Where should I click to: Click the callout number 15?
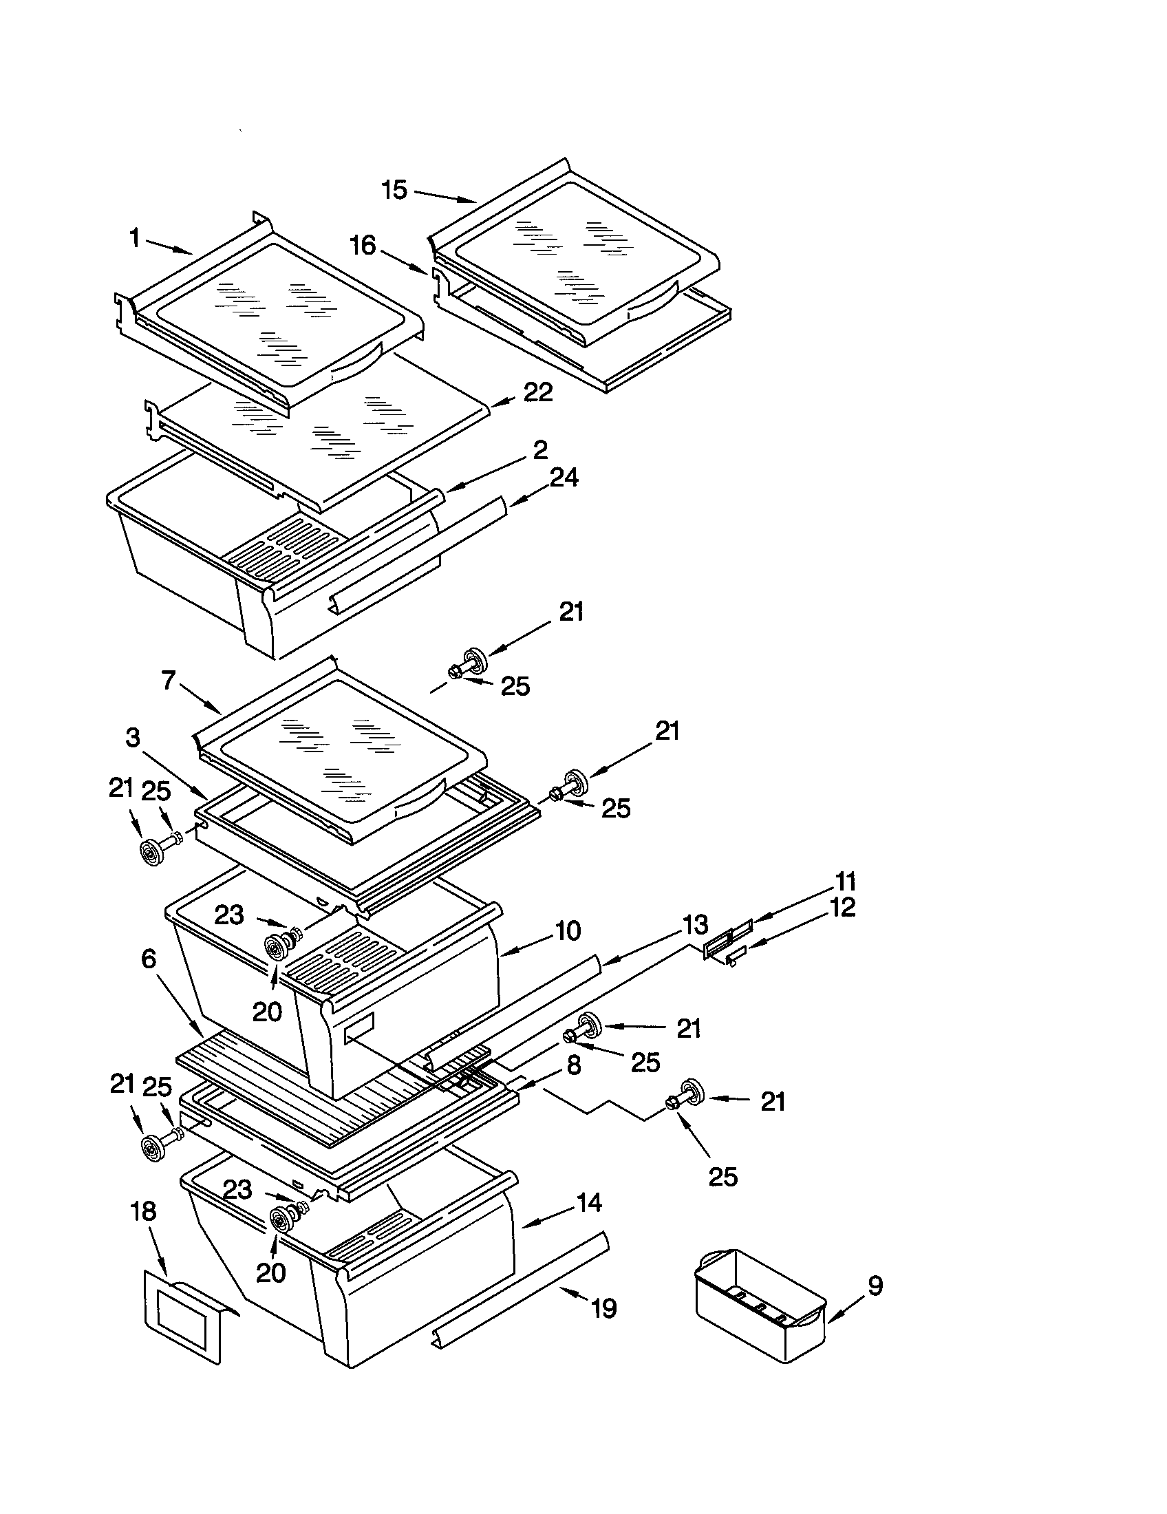click(x=394, y=190)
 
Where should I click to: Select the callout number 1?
click(x=135, y=239)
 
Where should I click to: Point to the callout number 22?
click(x=538, y=393)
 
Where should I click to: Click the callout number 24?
click(x=564, y=478)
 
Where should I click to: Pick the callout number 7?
click(x=169, y=680)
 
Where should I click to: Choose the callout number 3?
click(x=132, y=738)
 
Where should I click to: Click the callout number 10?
click(x=568, y=931)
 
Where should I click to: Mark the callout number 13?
click(x=695, y=924)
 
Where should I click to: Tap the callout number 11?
click(x=846, y=882)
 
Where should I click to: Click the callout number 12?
click(x=842, y=908)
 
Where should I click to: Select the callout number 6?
click(x=149, y=959)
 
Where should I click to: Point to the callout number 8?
click(x=574, y=1065)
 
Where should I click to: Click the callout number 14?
click(x=588, y=1203)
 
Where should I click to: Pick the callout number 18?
click(x=143, y=1212)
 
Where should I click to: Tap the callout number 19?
click(x=603, y=1309)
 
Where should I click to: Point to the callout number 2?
click(x=541, y=450)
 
